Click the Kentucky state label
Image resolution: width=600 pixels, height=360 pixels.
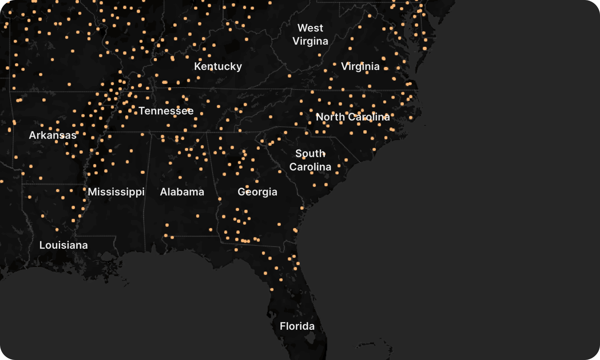pyautogui.click(x=218, y=66)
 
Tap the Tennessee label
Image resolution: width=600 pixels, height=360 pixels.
pyautogui.click(x=166, y=111)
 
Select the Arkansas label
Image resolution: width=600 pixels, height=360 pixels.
pyautogui.click(x=52, y=135)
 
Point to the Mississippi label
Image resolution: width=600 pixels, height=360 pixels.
pyautogui.click(x=116, y=192)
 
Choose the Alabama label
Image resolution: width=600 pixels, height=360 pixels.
pyautogui.click(x=182, y=192)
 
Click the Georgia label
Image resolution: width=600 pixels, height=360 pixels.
pyautogui.click(x=257, y=192)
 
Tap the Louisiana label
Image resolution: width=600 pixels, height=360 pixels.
pyautogui.click(x=64, y=245)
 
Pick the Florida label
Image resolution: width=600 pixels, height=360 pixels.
pyautogui.click(x=297, y=326)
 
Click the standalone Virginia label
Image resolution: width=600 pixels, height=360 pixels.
pyautogui.click(x=360, y=66)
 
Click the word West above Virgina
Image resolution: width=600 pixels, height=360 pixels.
pyautogui.click(x=310, y=28)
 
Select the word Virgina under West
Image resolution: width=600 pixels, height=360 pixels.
pyautogui.click(x=310, y=41)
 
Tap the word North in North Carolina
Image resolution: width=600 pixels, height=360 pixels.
pyautogui.click(x=330, y=117)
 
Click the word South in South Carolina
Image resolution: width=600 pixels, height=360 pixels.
pyautogui.click(x=310, y=153)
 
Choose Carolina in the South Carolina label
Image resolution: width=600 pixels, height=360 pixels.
pyautogui.click(x=310, y=166)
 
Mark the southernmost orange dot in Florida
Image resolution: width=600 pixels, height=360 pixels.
pyautogui.click(x=272, y=289)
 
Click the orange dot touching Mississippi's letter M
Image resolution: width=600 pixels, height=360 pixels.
pyautogui.click(x=85, y=189)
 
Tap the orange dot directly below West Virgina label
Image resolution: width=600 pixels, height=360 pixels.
pyautogui.click(x=319, y=55)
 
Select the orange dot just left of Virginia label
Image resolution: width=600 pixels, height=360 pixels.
pyautogui.click(x=334, y=64)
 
